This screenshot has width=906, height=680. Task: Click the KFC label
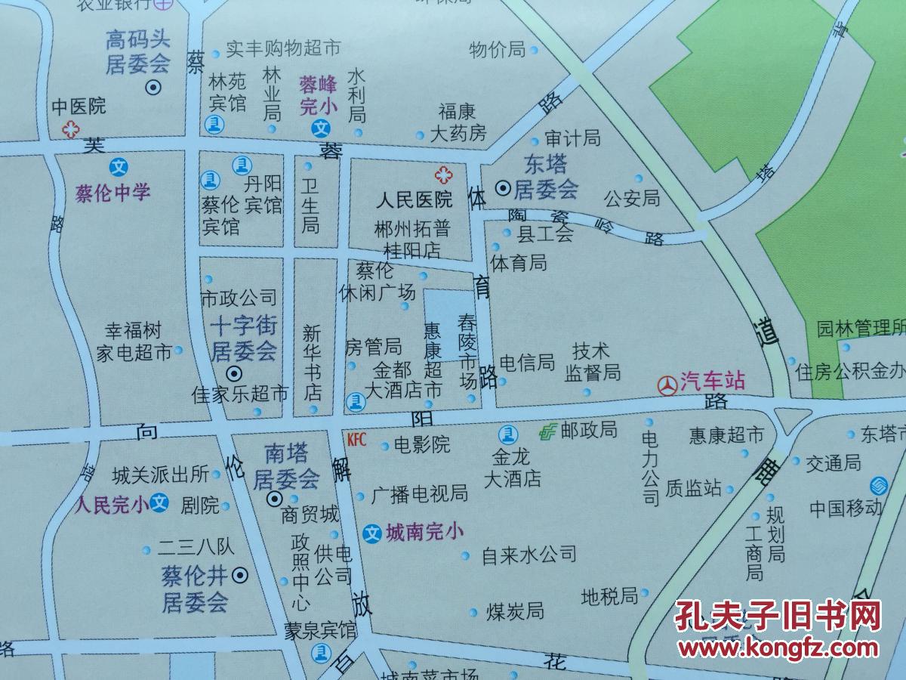[x=356, y=440]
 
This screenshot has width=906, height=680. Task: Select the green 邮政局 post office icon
[x=547, y=431]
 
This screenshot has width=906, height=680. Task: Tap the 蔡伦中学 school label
[x=113, y=193]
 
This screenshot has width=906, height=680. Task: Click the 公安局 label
[x=632, y=199]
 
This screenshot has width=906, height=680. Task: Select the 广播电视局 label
[x=419, y=495]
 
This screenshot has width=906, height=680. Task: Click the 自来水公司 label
[x=528, y=555]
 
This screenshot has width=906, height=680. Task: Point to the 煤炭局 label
[x=515, y=610]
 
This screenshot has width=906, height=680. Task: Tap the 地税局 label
[x=609, y=597]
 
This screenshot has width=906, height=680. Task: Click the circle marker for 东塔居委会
[x=502, y=187]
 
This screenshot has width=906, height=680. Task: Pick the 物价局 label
[x=497, y=50]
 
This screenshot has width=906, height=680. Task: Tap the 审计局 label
[x=572, y=138]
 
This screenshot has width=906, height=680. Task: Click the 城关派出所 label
[x=160, y=474]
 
